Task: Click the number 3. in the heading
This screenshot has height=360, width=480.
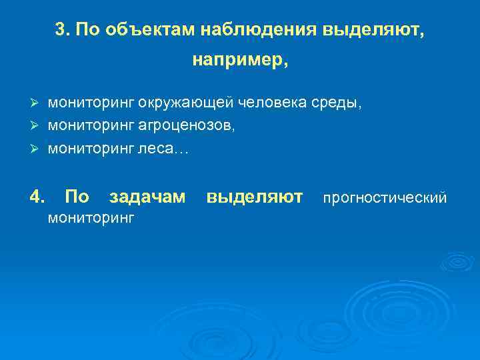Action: [x=63, y=30]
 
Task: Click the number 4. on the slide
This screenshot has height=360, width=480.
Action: [x=38, y=197]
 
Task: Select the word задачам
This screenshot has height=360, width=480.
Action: [x=147, y=197]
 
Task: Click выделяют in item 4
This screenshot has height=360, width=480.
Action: [x=255, y=197]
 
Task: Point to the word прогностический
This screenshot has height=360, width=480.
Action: [x=385, y=197]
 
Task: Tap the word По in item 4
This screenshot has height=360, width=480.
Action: [x=78, y=197]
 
